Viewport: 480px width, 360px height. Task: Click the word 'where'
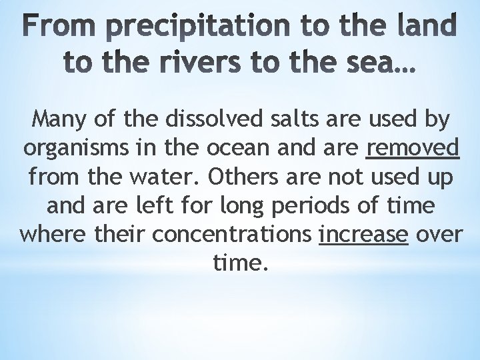[x=52, y=235]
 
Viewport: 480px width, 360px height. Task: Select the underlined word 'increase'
[x=363, y=235]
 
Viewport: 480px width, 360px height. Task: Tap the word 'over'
[x=438, y=235]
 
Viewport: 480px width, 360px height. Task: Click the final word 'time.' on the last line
[x=240, y=264]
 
